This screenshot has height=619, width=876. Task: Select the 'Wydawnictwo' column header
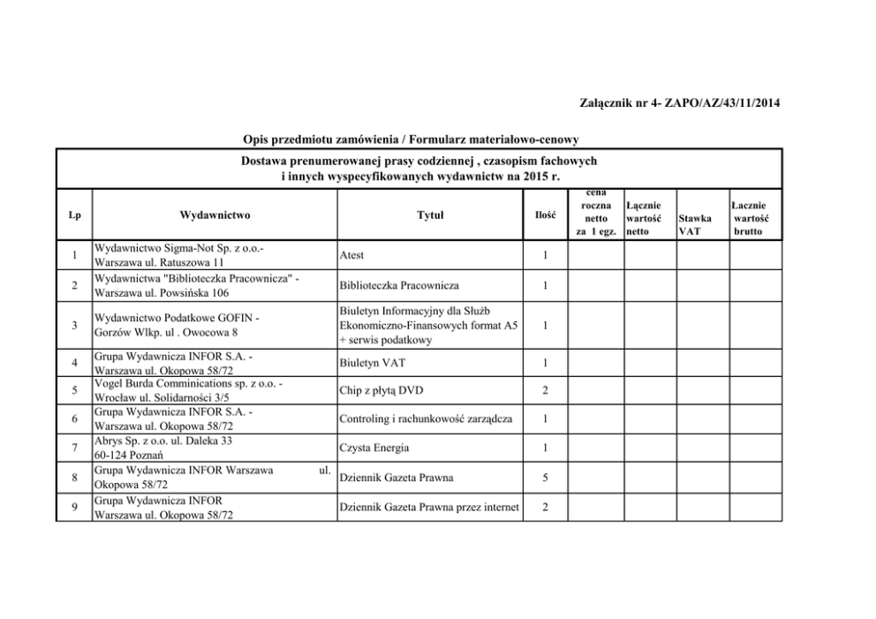215,214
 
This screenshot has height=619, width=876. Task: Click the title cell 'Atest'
351,255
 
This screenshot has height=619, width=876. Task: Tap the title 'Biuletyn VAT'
371,362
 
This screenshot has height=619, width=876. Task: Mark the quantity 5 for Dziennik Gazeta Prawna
546,478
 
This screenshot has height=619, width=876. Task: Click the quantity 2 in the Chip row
546,390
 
